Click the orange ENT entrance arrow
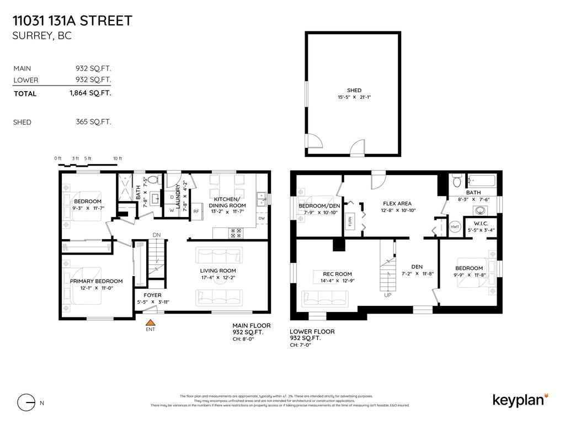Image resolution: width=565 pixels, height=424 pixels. pyautogui.click(x=150, y=322)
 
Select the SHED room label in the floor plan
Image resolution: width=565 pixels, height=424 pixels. pyautogui.click(x=354, y=91)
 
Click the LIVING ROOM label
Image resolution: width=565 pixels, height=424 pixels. pyautogui.click(x=217, y=271)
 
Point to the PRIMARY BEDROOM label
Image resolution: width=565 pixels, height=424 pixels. pyautogui.click(x=96, y=281)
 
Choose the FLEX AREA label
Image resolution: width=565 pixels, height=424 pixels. pyautogui.click(x=397, y=204)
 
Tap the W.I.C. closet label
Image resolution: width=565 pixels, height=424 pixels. pyautogui.click(x=481, y=223)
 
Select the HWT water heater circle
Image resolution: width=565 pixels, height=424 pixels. pyautogui.click(x=455, y=227)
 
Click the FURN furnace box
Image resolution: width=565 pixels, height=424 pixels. pyautogui.click(x=349, y=220)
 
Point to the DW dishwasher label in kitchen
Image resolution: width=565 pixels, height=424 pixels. pyautogui.click(x=262, y=219)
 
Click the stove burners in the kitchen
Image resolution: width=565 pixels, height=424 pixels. pyautogui.click(x=236, y=234)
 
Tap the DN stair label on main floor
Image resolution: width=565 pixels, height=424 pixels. pyautogui.click(x=157, y=235)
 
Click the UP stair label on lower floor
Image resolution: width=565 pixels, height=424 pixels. pyautogui.click(x=388, y=295)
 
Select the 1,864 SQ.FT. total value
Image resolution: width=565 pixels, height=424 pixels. pyautogui.click(x=90, y=93)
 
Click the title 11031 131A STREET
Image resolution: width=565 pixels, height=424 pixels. pyautogui.click(x=72, y=21)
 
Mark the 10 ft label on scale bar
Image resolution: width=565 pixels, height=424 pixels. pyautogui.click(x=117, y=158)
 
